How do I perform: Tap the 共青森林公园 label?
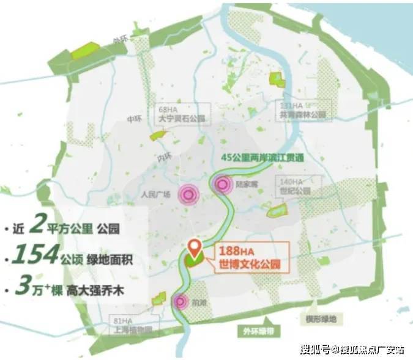(301, 114)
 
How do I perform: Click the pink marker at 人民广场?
(190, 195)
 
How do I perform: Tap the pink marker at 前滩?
(180, 301)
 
